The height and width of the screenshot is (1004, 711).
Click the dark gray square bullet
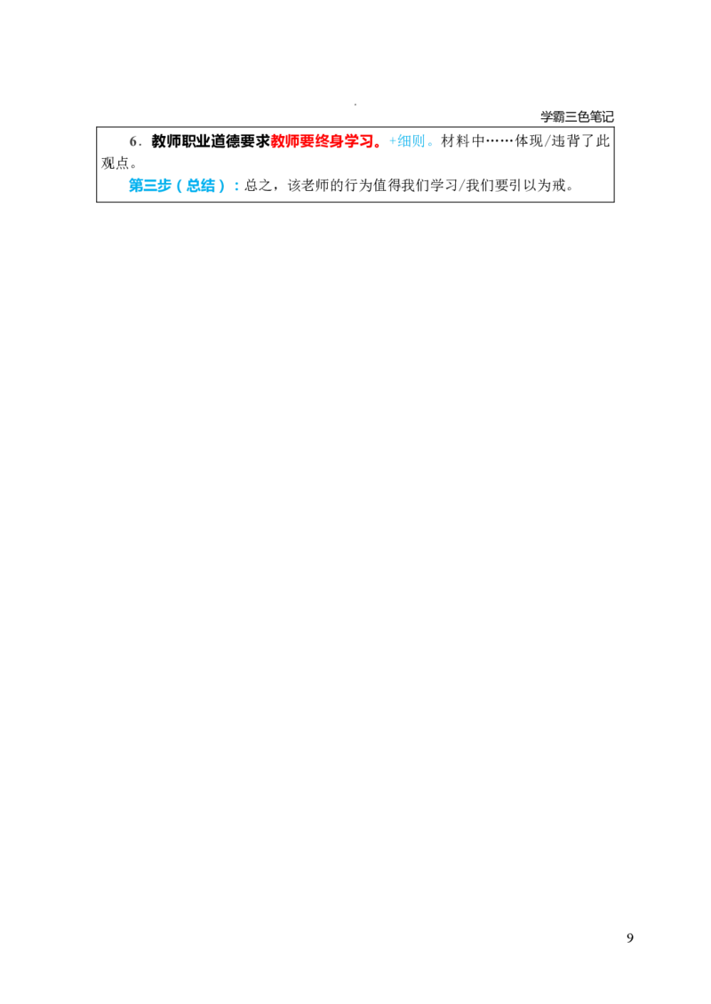click(135, 142)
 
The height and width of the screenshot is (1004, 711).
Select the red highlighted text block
click(325, 141)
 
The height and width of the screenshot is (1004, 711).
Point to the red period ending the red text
click(380, 146)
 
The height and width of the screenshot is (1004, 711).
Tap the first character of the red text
click(276, 141)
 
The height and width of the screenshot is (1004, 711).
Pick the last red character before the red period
click(369, 141)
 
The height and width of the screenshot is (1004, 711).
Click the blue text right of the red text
click(411, 141)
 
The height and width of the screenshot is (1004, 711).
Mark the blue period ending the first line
click(430, 146)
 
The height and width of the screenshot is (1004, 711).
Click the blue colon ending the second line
click(238, 187)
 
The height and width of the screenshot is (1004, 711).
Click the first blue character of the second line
click(134, 186)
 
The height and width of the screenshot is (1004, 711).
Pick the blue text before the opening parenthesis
click(151, 186)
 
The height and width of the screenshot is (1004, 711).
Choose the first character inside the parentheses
click(193, 187)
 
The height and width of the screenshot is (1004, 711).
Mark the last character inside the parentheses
click(212, 187)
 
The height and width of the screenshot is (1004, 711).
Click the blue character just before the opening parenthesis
click(168, 186)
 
